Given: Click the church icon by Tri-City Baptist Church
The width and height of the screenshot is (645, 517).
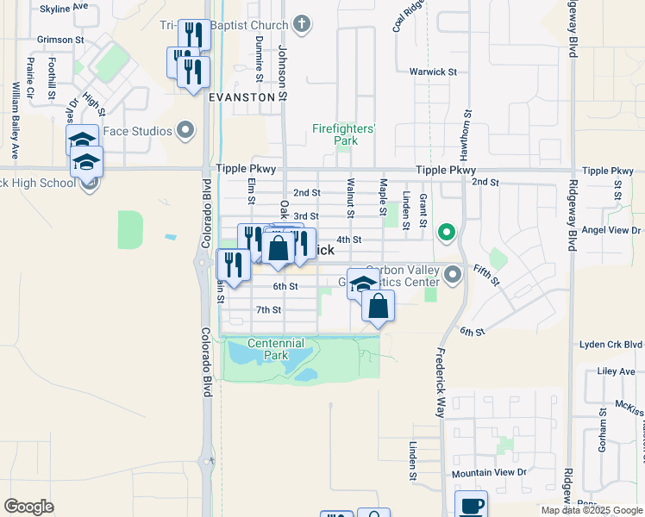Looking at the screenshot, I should pos(302,23).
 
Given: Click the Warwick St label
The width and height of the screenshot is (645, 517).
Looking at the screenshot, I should pos(433,72).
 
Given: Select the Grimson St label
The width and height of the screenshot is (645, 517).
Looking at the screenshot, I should pos(60,40).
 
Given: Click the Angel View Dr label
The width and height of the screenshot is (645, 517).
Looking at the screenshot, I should pos(611,230).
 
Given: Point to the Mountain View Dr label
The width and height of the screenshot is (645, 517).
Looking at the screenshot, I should pos(489,473).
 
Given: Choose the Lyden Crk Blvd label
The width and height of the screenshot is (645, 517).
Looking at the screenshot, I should pos(611,345).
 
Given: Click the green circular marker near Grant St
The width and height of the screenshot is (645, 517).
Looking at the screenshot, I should pos(446,232).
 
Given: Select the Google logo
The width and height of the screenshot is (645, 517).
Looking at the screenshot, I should pos(28,507).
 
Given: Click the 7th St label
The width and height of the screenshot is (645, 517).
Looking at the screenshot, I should pos(269,309).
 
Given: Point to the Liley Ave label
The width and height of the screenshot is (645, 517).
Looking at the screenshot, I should pos(616,372).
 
